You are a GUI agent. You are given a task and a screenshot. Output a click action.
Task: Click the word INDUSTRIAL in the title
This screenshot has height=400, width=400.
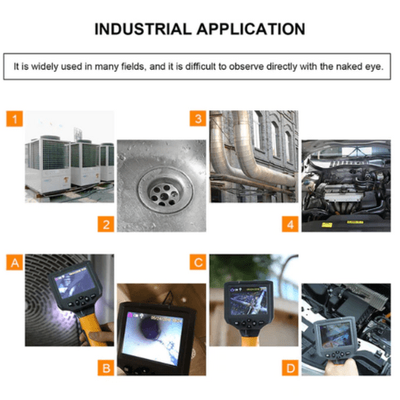click(143, 29)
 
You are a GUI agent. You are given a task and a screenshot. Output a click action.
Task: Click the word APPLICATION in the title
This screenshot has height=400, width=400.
click(251, 29)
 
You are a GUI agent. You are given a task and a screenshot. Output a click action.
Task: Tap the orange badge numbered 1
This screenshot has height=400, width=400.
click(14, 118)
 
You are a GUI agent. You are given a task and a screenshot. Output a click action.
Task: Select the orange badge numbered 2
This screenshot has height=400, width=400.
click(106, 224)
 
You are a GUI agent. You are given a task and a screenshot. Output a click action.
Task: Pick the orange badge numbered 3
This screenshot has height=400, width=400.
click(198, 118)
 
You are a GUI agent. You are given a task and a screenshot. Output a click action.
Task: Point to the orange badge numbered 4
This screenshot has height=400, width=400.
click(290, 224)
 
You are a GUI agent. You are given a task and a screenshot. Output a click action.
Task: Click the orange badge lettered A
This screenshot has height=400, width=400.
click(14, 262)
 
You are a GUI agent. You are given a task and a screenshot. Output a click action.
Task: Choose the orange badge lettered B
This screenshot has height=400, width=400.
click(106, 368)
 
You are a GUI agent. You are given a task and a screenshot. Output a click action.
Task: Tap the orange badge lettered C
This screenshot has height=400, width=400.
click(198, 262)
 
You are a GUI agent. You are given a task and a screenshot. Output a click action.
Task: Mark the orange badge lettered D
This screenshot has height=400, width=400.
click(290, 368)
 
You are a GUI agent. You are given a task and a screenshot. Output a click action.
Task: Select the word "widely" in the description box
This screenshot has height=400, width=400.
click(45, 66)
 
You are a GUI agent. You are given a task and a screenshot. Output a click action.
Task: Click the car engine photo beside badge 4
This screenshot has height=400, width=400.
click(346, 186)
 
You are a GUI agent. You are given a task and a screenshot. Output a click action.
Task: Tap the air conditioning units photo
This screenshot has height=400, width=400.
click(70, 157)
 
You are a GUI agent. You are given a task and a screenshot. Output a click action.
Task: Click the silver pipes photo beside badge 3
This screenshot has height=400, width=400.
click(254, 157)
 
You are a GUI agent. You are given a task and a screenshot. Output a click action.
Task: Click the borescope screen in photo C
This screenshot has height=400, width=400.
click(249, 301)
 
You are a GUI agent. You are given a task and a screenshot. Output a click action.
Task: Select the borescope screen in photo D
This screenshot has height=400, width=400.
click(336, 335)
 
